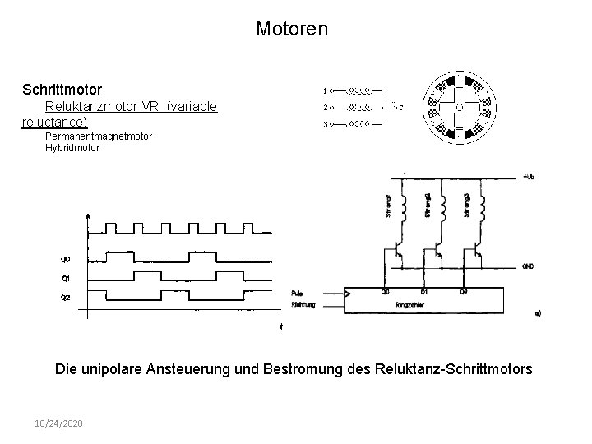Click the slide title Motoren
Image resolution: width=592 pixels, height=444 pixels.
point(292,30)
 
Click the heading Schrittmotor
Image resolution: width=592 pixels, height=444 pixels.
point(62,87)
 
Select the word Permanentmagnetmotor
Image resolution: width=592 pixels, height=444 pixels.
point(99,136)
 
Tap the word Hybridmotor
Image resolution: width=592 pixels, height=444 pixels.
point(72,148)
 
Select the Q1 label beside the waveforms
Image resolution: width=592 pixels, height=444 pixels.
point(65,278)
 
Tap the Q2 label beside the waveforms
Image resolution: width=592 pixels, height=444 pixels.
point(65,297)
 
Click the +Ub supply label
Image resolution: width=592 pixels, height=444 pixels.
point(528,178)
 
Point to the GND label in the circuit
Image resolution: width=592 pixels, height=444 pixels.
point(529,266)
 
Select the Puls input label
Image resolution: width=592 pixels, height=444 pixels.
point(297,293)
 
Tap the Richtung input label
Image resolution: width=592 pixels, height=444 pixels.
point(302,303)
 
